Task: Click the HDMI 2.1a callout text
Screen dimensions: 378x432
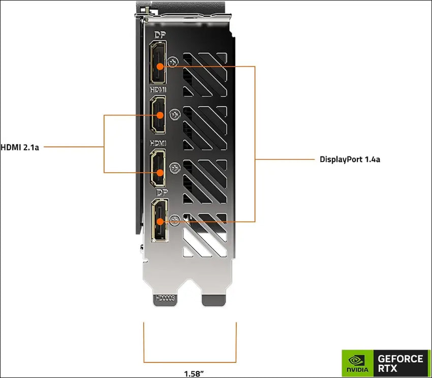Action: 20,147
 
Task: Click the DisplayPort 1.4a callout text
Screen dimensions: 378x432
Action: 350,160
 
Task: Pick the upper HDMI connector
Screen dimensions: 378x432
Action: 158,115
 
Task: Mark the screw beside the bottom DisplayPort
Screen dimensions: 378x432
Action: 175,220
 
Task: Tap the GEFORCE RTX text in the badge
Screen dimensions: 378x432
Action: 400,363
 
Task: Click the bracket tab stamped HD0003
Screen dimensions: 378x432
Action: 166,300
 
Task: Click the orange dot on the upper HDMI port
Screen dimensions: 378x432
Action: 160,115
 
